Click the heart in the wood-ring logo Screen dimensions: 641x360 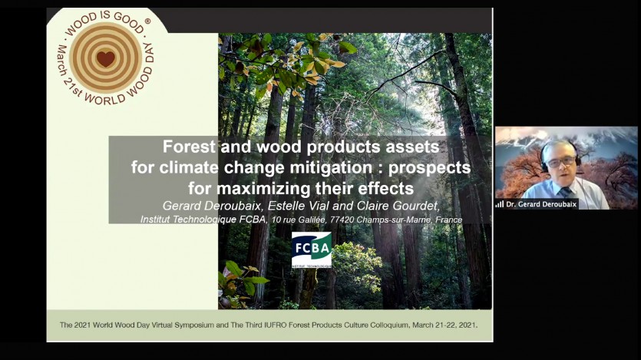click(x=105, y=59)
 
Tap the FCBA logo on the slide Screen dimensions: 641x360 click(x=312, y=250)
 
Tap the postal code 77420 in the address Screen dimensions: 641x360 click(x=342, y=220)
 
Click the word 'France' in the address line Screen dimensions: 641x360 click(x=449, y=220)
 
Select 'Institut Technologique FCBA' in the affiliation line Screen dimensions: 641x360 click(x=203, y=220)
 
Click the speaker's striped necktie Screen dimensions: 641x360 click(x=565, y=192)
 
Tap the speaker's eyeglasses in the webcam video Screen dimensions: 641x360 click(x=561, y=162)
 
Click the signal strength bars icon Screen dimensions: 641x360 click(x=500, y=204)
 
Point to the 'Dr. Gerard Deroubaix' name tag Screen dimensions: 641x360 click(x=537, y=204)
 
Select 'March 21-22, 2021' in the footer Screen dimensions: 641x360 click(x=444, y=325)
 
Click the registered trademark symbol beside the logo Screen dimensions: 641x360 click(x=147, y=21)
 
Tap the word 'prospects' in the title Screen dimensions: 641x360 click(x=429, y=168)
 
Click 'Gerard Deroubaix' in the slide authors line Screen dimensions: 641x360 click(x=213, y=206)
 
